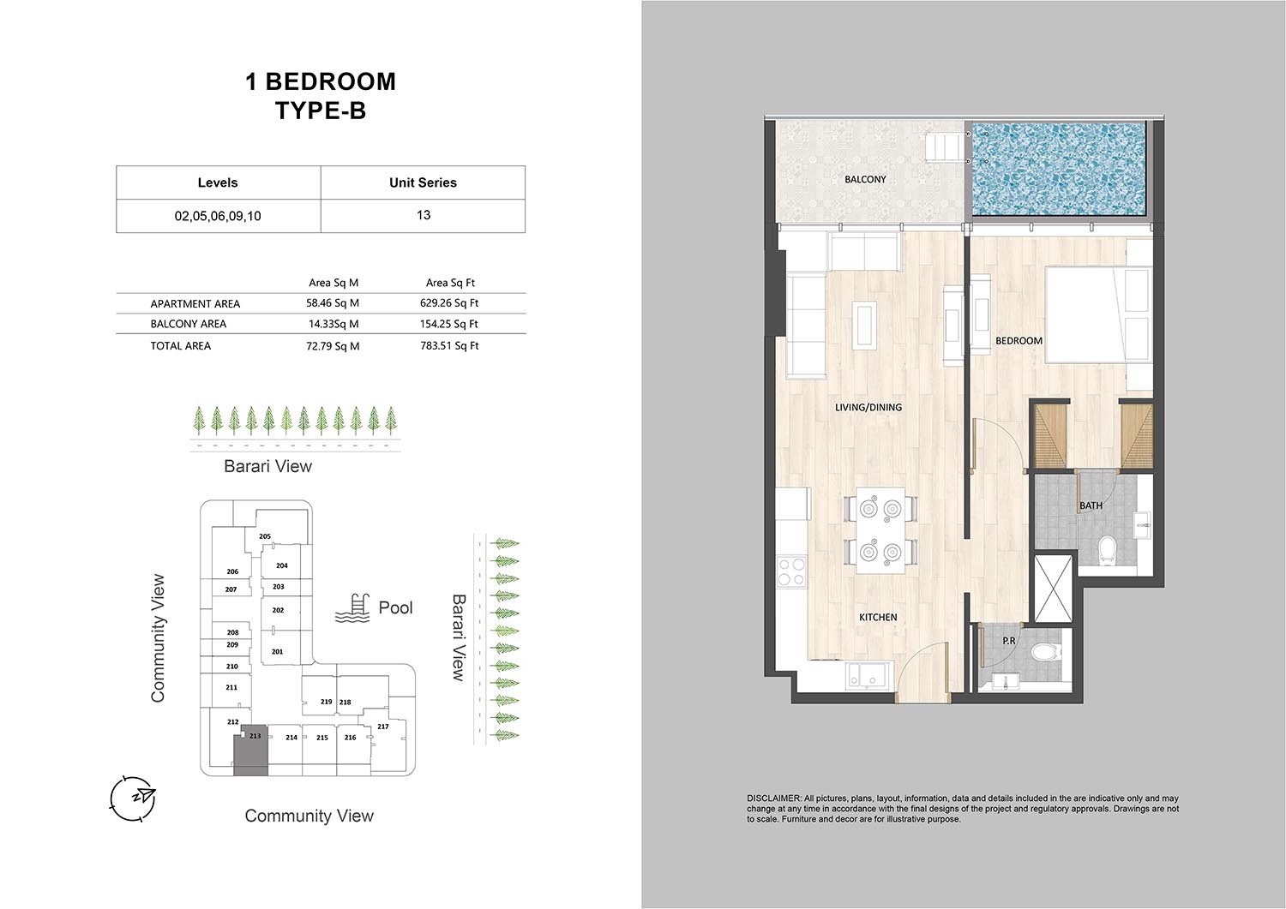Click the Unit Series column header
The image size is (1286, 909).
pos(423,182)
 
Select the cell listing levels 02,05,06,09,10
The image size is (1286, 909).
pos(218,216)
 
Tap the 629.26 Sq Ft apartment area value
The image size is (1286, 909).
pos(449,303)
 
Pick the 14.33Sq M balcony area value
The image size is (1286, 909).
pos(334,324)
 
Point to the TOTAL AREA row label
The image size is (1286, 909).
pos(180,346)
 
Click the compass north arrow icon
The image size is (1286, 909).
pos(133,798)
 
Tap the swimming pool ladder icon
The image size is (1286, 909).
pos(352,608)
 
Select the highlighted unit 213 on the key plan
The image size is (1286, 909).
pos(251,751)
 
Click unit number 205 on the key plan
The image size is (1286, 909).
pos(265,536)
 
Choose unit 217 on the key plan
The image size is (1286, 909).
pos(383,727)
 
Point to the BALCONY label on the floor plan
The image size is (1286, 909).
pos(865,180)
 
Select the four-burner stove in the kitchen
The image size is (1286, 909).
pos(791,572)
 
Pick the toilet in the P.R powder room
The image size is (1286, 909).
pos(1046,652)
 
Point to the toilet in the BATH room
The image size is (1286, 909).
pos(1106,549)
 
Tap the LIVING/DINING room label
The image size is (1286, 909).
pos(868,408)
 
